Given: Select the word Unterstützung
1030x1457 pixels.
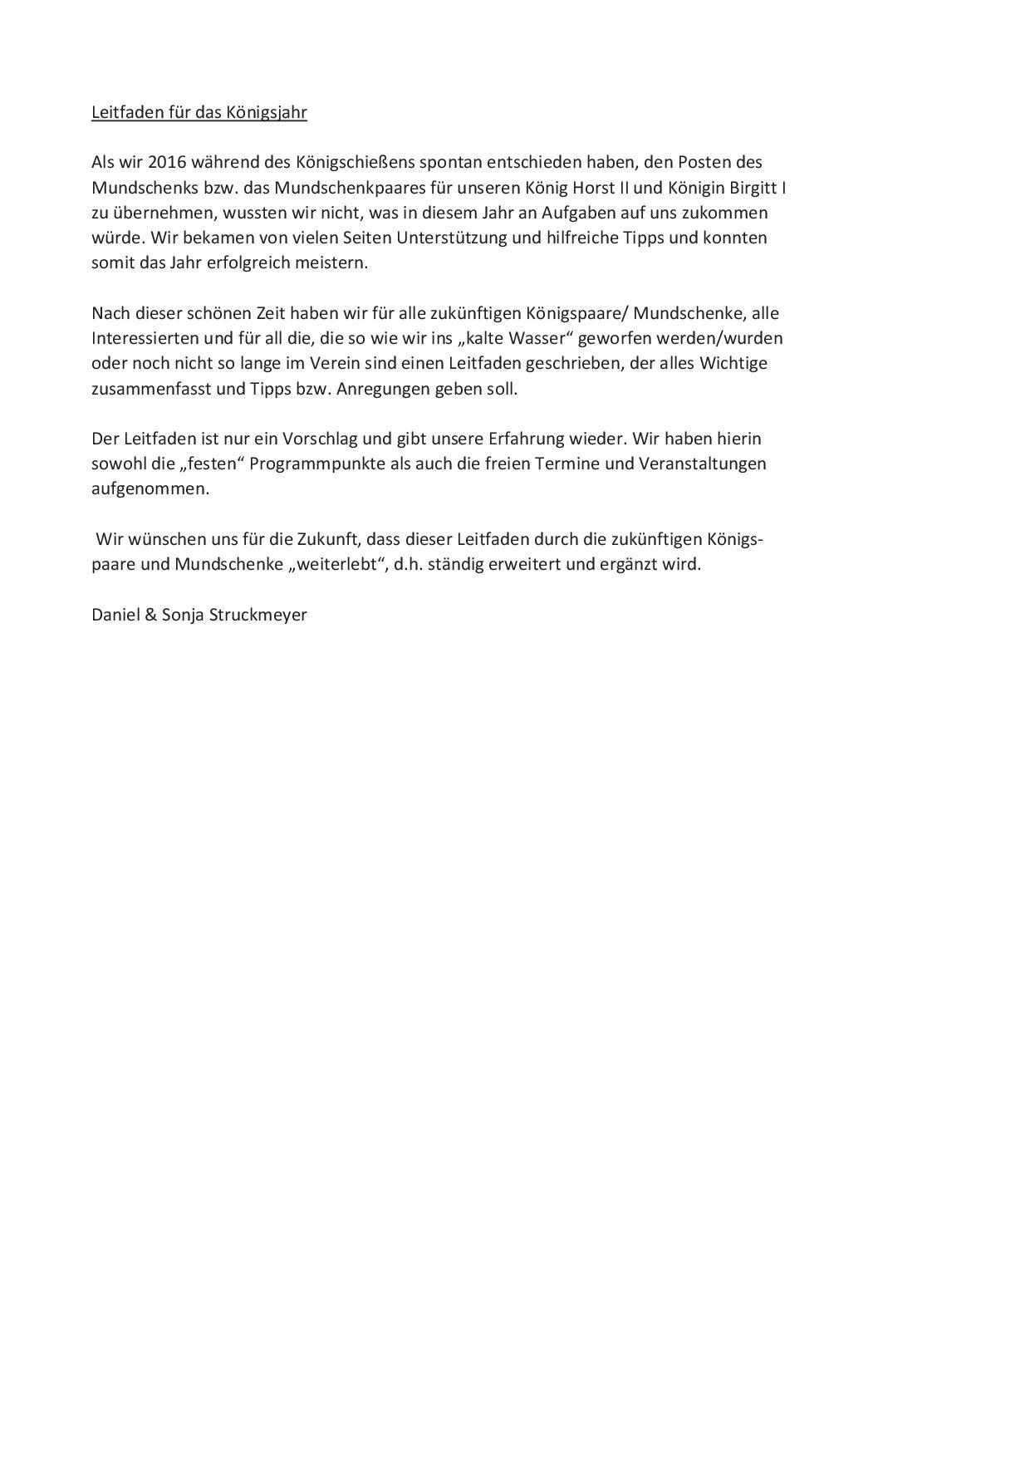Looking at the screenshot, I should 468,238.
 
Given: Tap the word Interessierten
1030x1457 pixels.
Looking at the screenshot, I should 145,338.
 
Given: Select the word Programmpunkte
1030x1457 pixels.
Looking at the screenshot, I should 316,464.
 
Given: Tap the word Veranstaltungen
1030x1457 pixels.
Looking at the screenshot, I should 702,464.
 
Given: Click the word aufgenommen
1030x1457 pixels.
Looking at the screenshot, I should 150,489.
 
